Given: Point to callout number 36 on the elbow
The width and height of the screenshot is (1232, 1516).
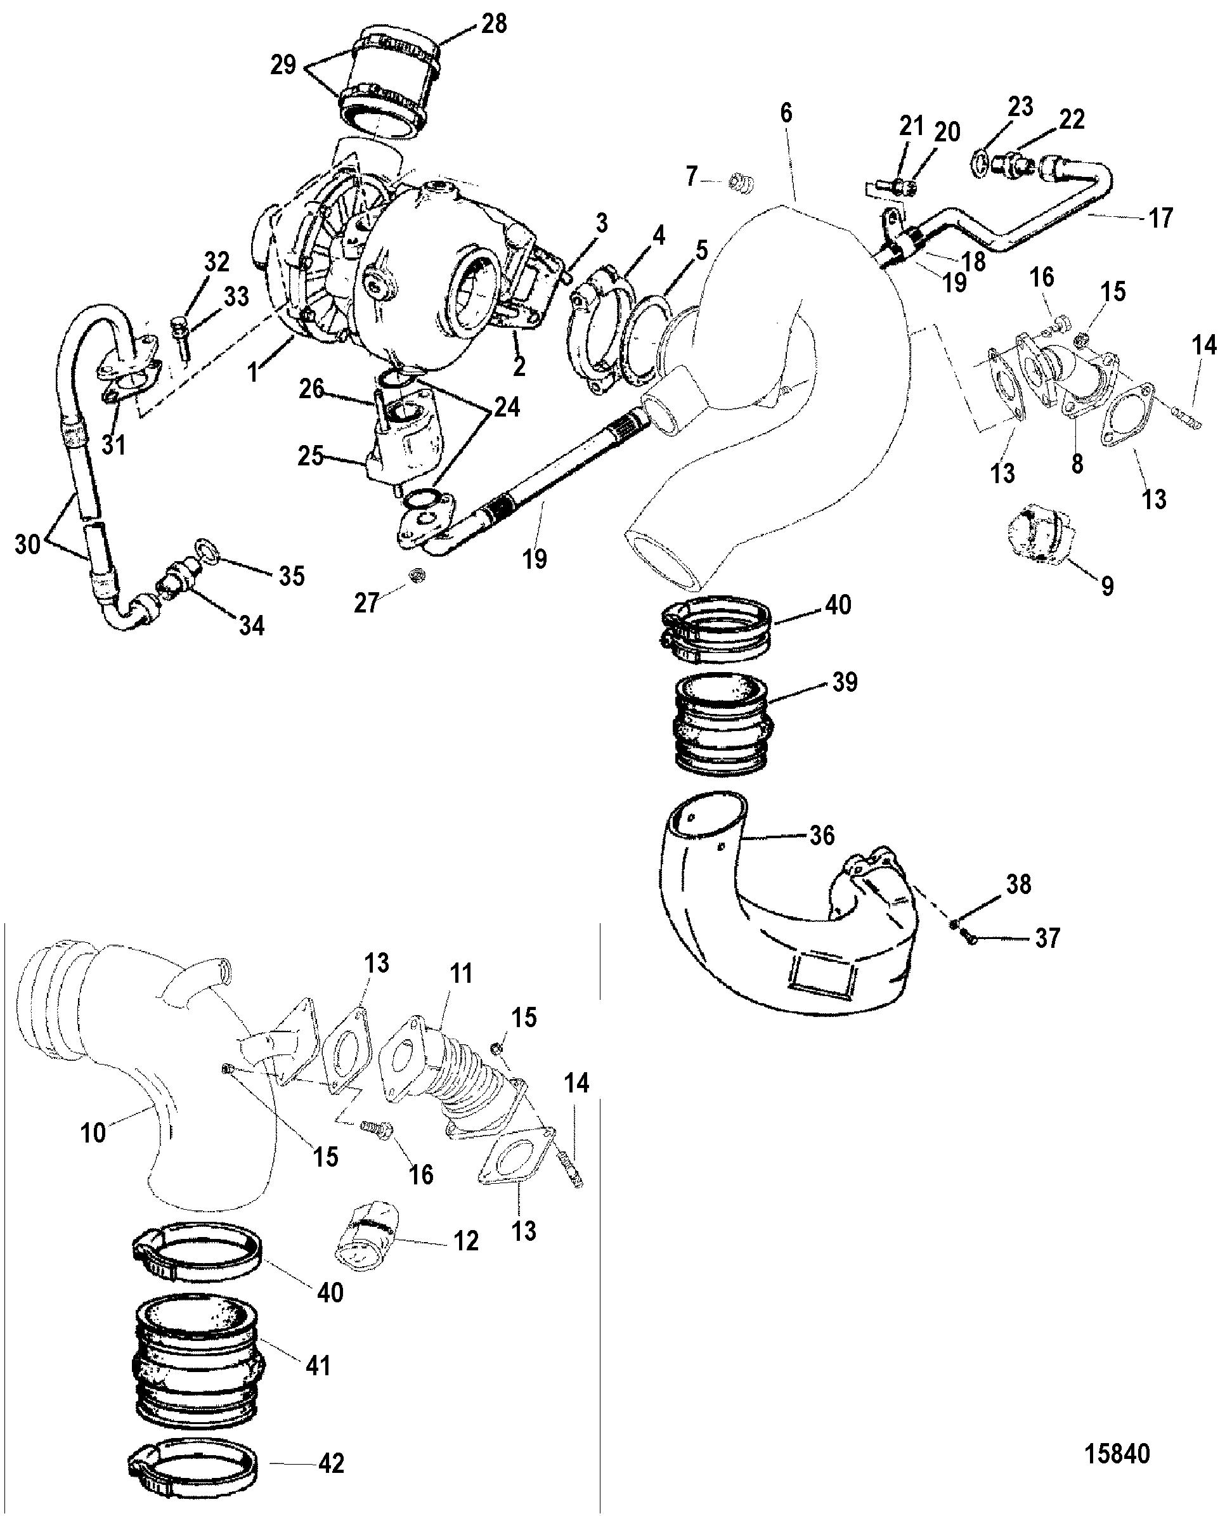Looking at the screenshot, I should click(x=822, y=836).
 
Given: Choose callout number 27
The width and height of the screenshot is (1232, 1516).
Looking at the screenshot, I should click(x=366, y=603).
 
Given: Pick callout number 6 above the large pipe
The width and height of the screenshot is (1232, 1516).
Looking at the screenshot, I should click(x=786, y=113).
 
